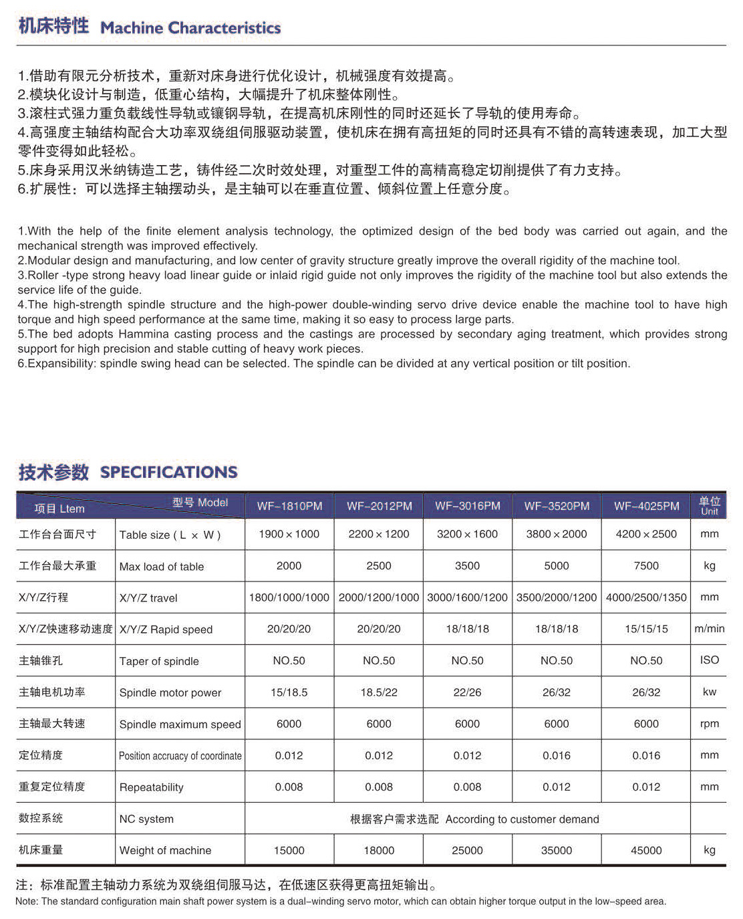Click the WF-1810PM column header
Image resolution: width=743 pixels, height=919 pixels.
(289, 506)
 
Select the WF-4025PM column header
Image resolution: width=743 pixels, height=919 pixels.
(646, 506)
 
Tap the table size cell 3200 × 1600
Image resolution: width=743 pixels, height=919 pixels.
(467, 534)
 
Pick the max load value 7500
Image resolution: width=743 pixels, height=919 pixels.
(646, 565)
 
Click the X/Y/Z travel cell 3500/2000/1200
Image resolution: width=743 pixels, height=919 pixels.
(557, 598)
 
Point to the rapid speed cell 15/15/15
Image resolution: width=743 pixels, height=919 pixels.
(646, 629)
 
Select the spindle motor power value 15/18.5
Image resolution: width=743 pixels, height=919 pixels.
(289, 692)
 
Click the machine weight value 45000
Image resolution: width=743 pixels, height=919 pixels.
(646, 850)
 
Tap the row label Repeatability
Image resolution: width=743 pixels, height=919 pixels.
(151, 787)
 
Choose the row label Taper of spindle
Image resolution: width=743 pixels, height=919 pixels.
(159, 661)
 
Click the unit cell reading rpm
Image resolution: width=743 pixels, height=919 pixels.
(710, 724)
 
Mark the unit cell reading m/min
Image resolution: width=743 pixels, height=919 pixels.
(710, 629)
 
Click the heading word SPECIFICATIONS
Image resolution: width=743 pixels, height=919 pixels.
(168, 472)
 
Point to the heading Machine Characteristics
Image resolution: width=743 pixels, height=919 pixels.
(190, 28)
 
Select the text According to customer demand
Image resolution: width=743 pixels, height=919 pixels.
(523, 819)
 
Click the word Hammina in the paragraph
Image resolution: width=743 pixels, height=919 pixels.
(144, 334)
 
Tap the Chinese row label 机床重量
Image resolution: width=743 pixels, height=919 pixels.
(41, 850)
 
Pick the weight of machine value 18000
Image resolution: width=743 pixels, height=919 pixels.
(379, 850)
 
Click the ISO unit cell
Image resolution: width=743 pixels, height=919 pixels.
(710, 660)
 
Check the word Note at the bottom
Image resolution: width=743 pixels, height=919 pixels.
(26, 902)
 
